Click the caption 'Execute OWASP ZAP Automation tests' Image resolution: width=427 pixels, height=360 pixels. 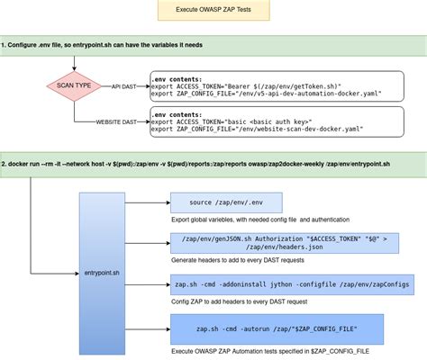(x=270, y=349)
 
